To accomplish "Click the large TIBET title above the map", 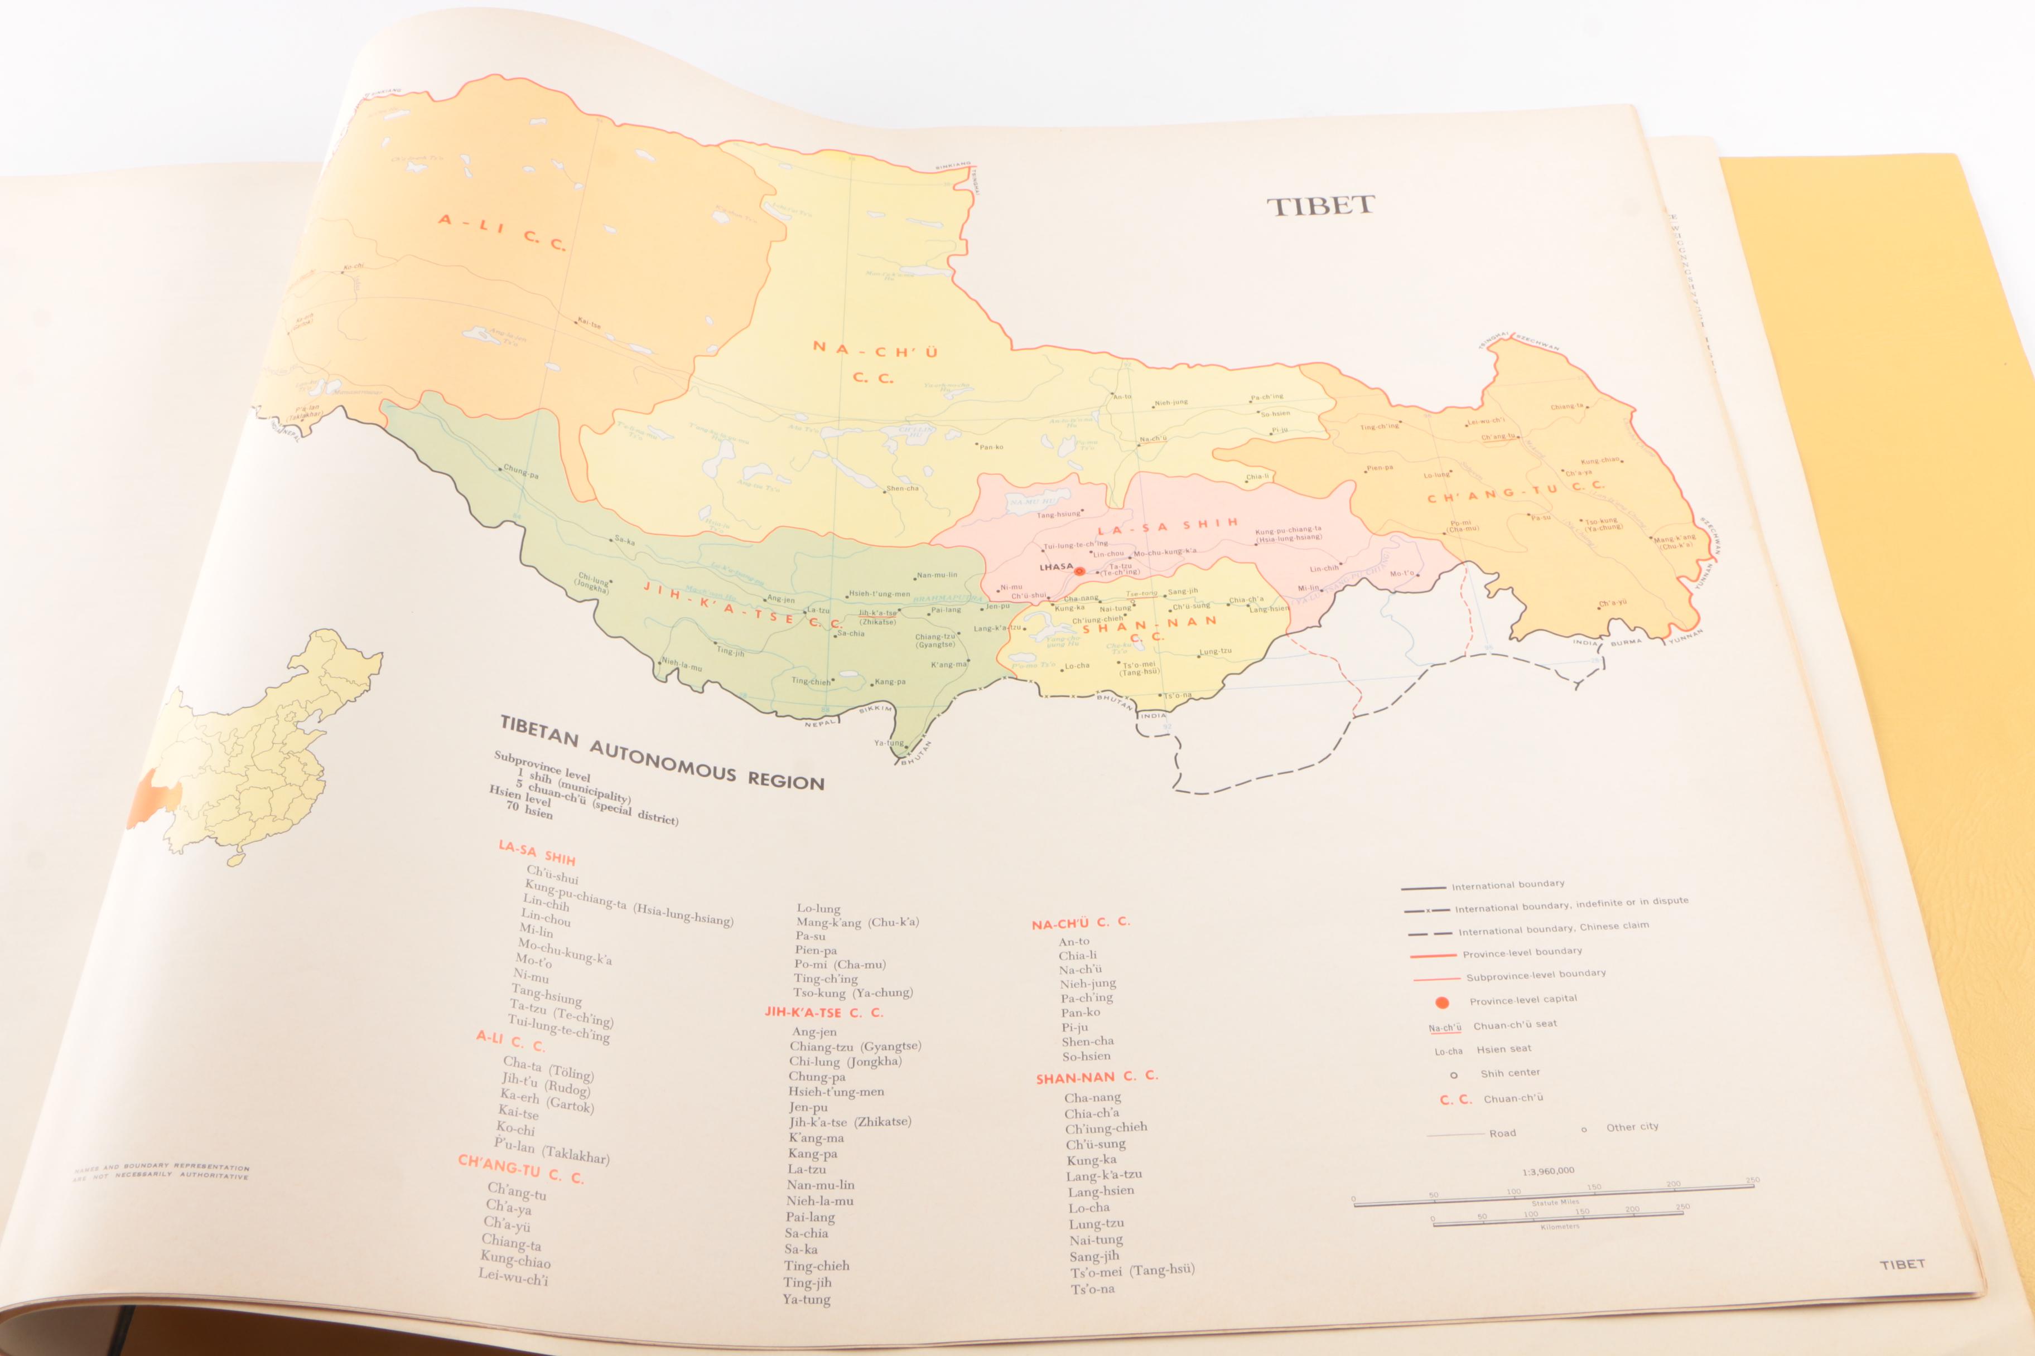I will [x=1320, y=206].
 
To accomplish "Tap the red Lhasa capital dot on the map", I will [x=1079, y=571].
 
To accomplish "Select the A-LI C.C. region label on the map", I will [x=503, y=232].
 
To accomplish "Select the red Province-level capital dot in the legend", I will [x=1441, y=1003].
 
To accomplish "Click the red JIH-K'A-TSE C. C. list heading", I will [x=823, y=1012].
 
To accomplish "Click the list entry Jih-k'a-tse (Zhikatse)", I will [x=849, y=1122].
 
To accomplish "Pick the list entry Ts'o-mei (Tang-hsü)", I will [x=1132, y=1270].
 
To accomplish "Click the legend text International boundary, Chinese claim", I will [x=1553, y=928].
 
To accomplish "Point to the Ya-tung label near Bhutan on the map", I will [x=889, y=742].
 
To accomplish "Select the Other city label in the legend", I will [x=1632, y=1127].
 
